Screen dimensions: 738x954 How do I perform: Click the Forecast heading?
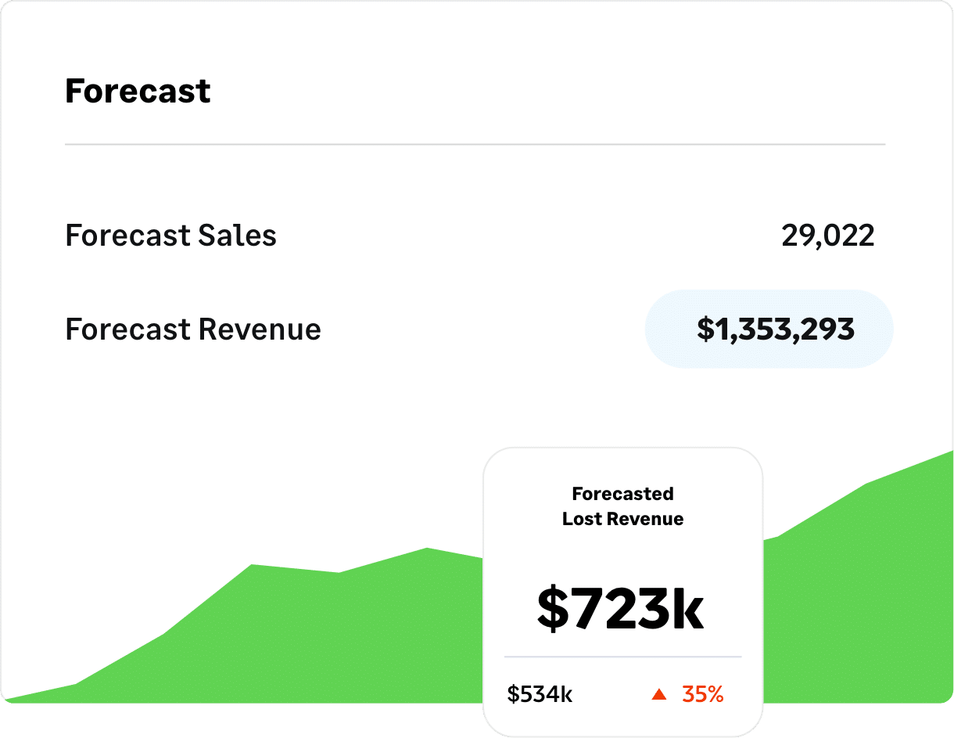[x=138, y=92]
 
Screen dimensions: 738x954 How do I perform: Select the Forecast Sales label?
[x=170, y=236]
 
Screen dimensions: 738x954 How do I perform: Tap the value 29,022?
[x=827, y=236]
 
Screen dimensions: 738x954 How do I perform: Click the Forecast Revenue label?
[x=192, y=329]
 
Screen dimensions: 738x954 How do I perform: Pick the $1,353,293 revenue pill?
[x=769, y=329]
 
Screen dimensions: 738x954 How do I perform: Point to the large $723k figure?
[x=621, y=610]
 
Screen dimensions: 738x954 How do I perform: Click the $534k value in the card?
[x=540, y=694]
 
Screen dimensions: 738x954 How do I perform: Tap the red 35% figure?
[x=702, y=694]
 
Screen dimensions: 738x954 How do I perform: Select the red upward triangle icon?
[x=659, y=694]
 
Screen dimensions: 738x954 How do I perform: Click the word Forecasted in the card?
[x=622, y=494]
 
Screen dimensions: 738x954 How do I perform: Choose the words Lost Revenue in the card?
[x=622, y=519]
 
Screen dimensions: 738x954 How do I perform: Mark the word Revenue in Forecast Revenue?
[x=258, y=329]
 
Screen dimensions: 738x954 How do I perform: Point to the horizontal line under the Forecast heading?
[x=475, y=145]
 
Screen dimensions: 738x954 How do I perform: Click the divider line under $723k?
[x=622, y=657]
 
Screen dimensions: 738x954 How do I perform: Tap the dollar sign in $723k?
[x=554, y=610]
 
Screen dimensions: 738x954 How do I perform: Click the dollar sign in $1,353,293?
[x=705, y=329]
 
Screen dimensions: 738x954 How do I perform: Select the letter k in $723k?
[x=688, y=610]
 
